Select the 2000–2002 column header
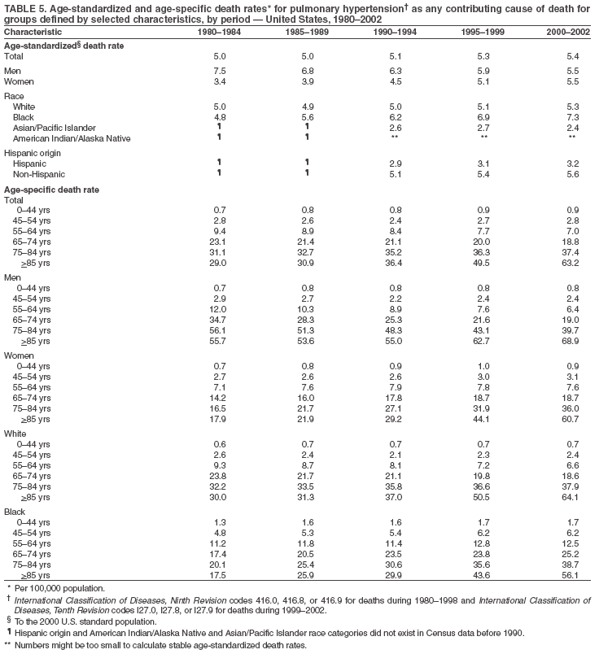(567, 31)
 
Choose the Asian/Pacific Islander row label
(54, 128)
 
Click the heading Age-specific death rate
(52, 190)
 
